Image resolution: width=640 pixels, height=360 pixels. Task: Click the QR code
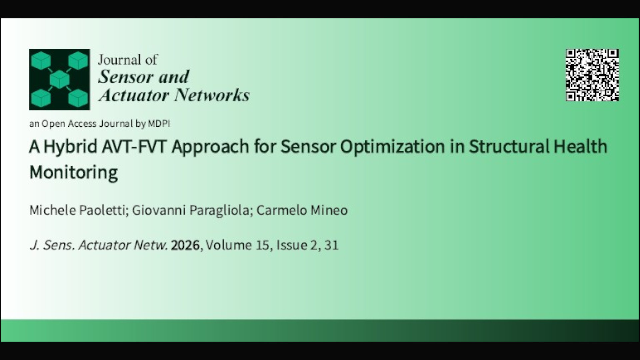click(592, 75)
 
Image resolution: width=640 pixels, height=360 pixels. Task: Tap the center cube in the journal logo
click(59, 80)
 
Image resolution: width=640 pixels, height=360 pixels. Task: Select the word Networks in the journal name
click(212, 95)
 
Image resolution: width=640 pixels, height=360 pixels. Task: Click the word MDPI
click(159, 124)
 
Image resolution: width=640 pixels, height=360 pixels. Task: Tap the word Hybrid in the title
click(71, 147)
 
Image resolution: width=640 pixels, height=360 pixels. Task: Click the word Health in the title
click(581, 147)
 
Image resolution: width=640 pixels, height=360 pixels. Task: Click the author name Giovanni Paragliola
click(191, 210)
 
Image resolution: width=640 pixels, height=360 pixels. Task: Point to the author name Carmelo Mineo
click(302, 210)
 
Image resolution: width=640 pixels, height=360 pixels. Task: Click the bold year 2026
click(185, 245)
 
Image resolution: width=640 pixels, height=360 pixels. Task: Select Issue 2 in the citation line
click(296, 245)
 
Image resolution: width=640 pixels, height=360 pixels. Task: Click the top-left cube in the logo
click(41, 61)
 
